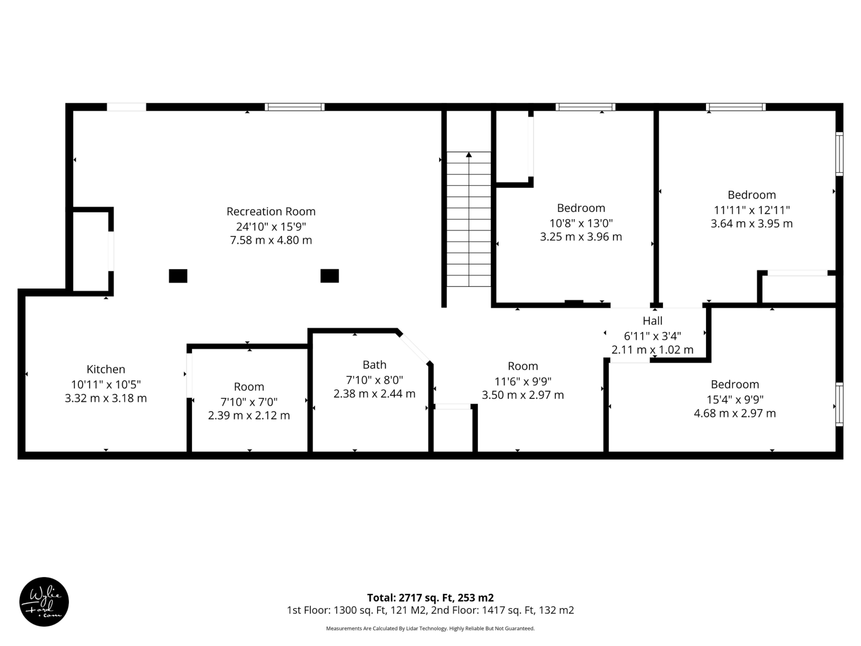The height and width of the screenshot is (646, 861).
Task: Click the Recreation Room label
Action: (271, 212)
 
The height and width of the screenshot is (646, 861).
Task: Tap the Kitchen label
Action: (106, 369)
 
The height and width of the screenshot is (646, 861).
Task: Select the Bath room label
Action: (374, 365)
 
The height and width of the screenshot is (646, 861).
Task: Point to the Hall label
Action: (652, 321)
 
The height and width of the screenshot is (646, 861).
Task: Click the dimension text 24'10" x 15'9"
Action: (271, 226)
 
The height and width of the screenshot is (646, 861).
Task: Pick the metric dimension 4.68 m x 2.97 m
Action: (735, 413)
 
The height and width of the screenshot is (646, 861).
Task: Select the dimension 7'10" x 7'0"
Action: (249, 402)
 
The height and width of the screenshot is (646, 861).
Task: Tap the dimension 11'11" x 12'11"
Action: (752, 210)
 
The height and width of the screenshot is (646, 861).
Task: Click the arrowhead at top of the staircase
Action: (469, 155)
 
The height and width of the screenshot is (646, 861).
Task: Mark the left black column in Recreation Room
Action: (178, 276)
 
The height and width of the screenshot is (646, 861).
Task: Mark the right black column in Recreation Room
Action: (329, 276)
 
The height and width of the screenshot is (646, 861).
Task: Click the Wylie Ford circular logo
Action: (44, 602)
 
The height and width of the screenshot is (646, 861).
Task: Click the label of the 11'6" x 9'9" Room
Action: (523, 366)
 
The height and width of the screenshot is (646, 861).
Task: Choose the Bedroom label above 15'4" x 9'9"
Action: (735, 384)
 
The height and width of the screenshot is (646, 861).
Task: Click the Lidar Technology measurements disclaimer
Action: (430, 628)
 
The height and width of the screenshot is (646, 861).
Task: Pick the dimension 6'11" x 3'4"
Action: (652, 336)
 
